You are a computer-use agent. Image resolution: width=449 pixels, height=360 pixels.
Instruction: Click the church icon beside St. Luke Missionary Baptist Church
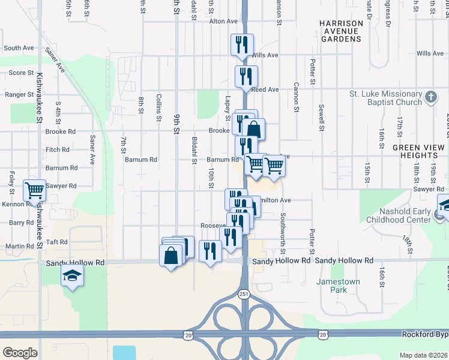(x=430, y=98)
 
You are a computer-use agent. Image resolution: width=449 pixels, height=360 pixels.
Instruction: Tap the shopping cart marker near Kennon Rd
(x=34, y=191)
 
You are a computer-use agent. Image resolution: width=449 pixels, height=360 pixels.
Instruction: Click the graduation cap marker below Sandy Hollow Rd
(x=72, y=276)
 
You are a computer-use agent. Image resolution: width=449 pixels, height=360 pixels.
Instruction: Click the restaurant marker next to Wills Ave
(x=243, y=45)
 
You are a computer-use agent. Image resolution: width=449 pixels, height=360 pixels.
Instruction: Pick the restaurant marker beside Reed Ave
(x=246, y=76)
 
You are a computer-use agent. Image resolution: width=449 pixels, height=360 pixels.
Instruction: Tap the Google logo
(x=20, y=352)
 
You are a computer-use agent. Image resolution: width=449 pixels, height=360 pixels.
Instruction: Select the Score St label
(x=21, y=73)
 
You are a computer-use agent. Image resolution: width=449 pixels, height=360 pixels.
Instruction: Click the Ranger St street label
(x=19, y=94)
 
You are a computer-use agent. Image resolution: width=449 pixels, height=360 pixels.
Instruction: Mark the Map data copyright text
(x=423, y=355)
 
